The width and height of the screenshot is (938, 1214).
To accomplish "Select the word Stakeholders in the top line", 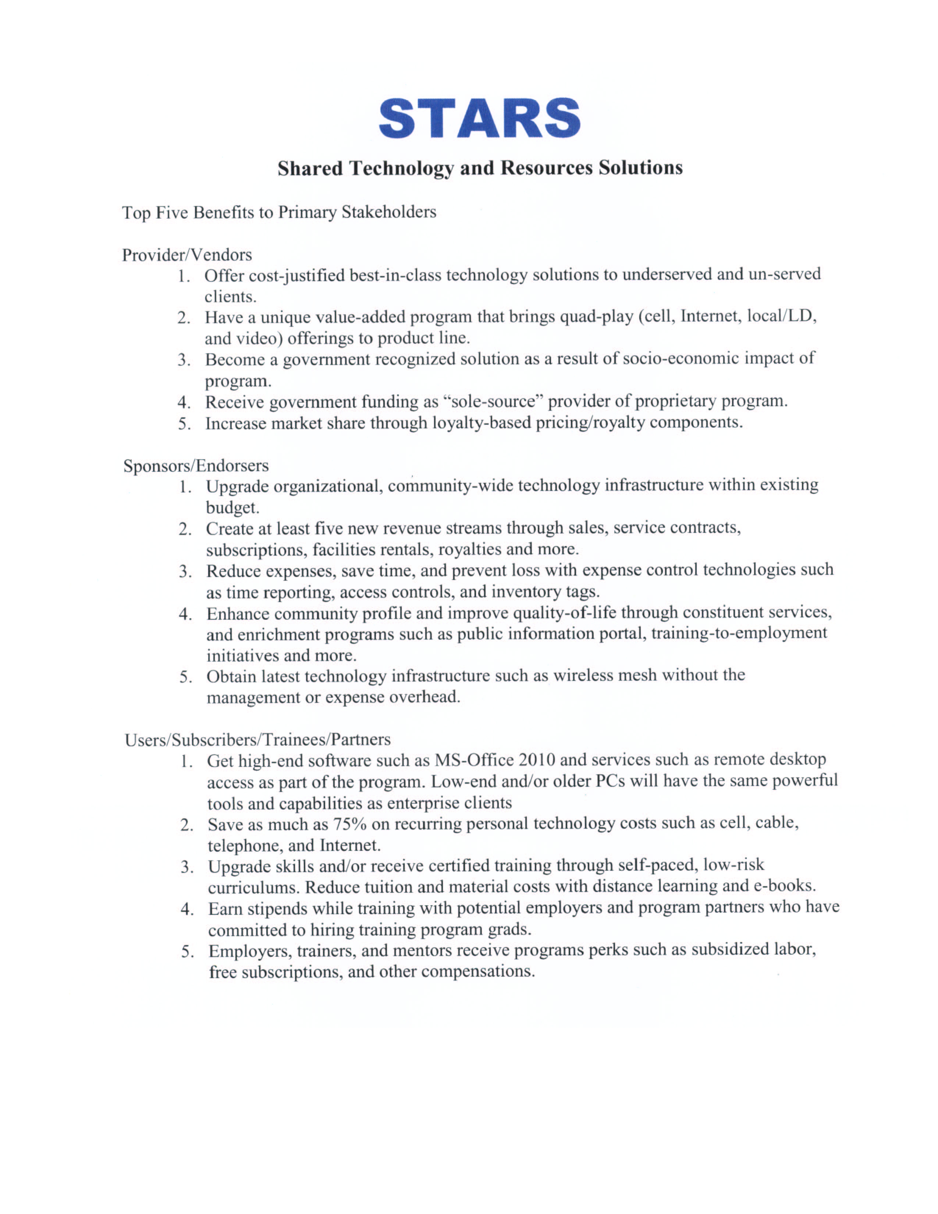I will click(x=388, y=212).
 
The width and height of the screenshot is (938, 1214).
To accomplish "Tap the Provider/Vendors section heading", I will click(x=187, y=255).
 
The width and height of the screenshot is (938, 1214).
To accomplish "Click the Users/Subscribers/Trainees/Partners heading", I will click(x=257, y=739).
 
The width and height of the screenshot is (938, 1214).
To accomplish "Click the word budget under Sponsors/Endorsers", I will click(x=232, y=507).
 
